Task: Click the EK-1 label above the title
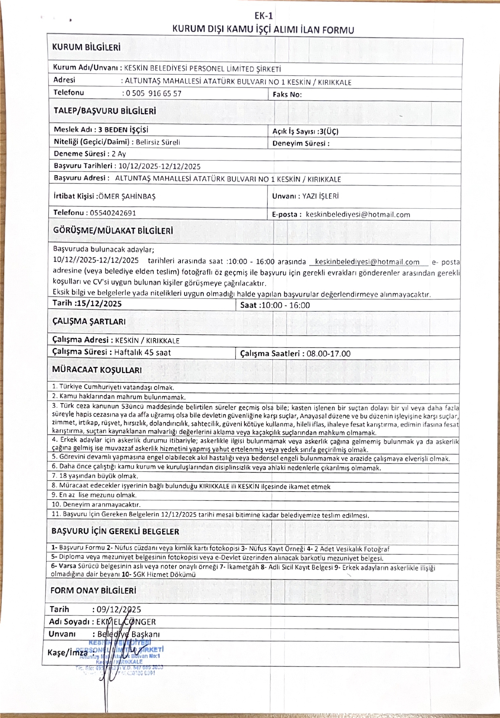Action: [263, 16]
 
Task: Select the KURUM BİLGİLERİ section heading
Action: [86, 47]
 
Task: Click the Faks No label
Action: [287, 95]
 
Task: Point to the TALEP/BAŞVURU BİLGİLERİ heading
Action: [105, 111]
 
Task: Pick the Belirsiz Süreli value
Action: [158, 142]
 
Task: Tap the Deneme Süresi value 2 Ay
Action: [119, 154]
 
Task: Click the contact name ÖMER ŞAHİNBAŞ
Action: [127, 196]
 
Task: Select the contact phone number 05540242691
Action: [113, 213]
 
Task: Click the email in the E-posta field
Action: [358, 215]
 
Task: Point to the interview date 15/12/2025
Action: [98, 303]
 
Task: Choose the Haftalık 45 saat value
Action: [142, 352]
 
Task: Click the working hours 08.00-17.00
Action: [328, 354]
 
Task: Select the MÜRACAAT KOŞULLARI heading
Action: [97, 370]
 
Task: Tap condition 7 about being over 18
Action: [95, 476]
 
